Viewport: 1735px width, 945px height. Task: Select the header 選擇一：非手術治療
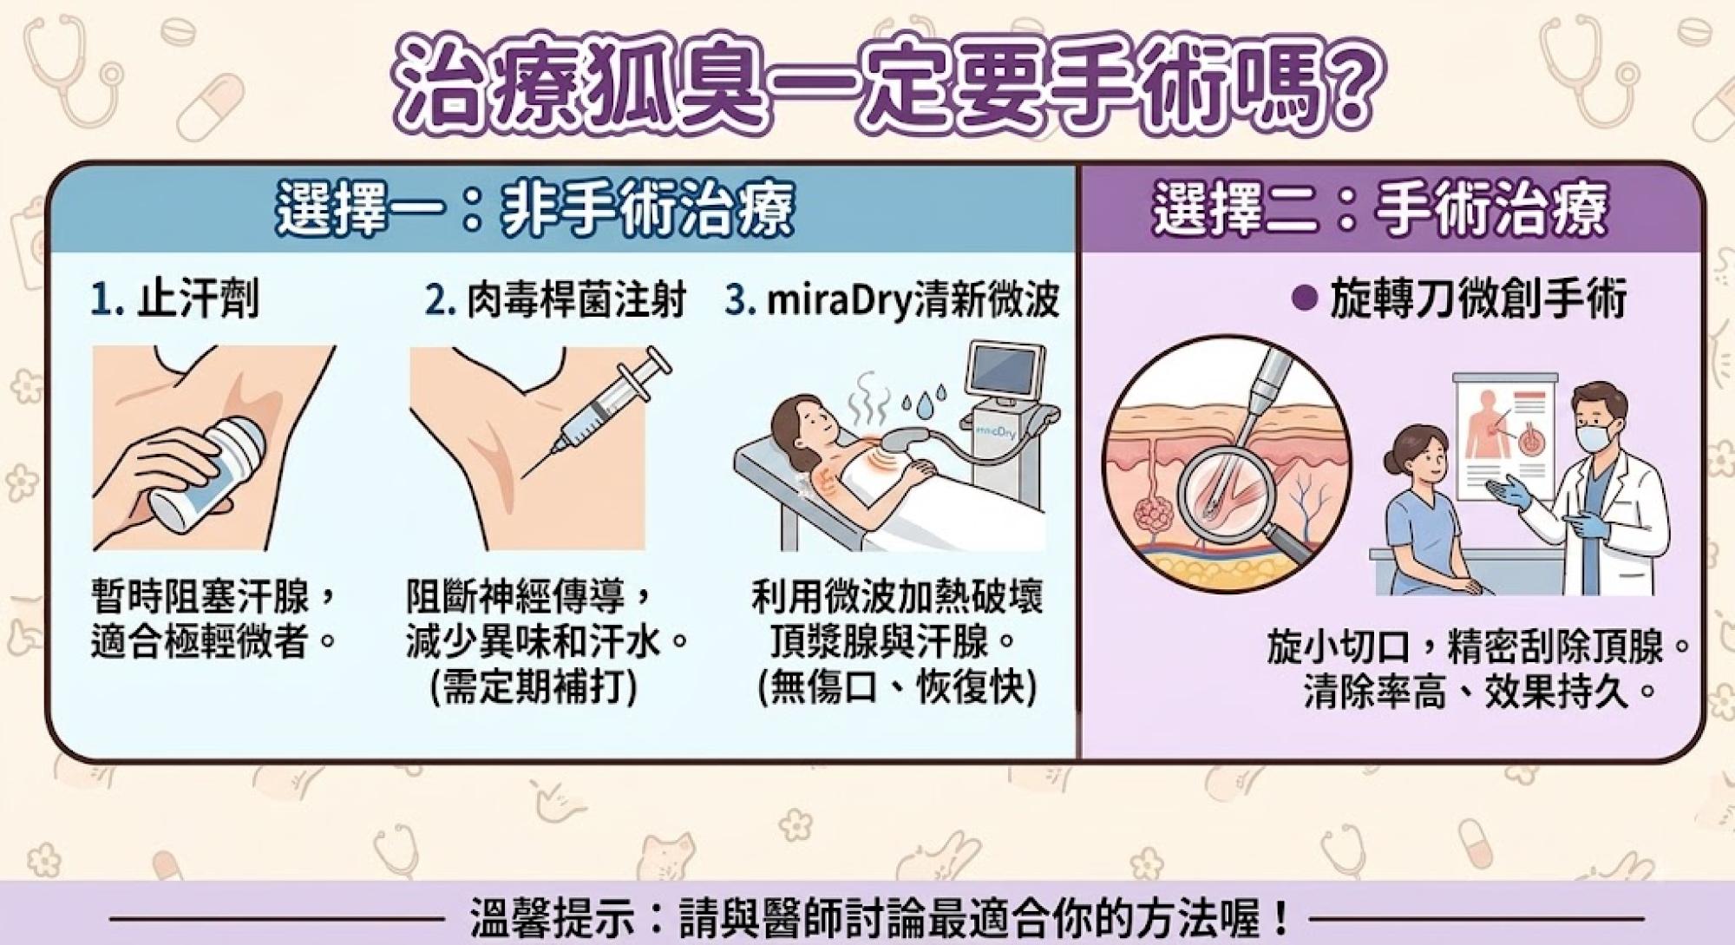[535, 209]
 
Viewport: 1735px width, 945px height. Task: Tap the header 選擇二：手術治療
[1381, 208]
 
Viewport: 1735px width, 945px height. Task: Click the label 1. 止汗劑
[174, 300]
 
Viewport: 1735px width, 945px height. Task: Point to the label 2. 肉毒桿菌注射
[555, 300]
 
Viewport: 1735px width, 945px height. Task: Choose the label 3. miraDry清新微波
[892, 300]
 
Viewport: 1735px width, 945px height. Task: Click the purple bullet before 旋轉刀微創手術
[1301, 299]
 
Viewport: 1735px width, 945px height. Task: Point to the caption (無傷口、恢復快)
[898, 688]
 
